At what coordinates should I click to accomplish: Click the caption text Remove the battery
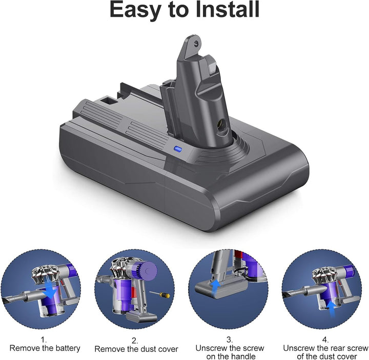point(45,348)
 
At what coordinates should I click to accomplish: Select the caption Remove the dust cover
point(136,349)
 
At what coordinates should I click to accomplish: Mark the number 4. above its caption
point(324,339)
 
